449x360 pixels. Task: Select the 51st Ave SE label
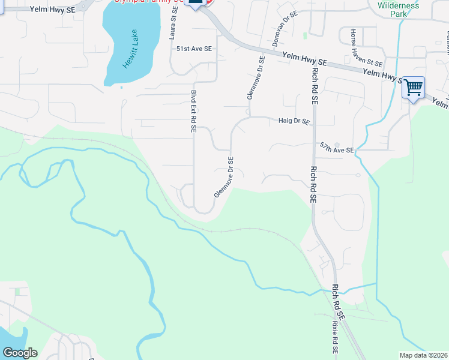click(x=194, y=49)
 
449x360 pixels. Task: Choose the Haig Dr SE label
click(x=294, y=121)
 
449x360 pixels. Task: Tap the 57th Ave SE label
click(x=337, y=148)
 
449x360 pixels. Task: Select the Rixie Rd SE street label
click(x=334, y=337)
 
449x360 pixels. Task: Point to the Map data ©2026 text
click(x=424, y=355)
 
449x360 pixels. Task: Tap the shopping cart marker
click(x=413, y=88)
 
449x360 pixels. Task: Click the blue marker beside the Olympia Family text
click(x=194, y=3)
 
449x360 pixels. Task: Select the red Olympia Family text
click(x=150, y=2)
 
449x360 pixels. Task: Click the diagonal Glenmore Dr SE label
click(x=224, y=178)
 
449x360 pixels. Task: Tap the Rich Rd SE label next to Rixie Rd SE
click(x=339, y=302)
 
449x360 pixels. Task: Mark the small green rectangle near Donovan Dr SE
click(x=305, y=35)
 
